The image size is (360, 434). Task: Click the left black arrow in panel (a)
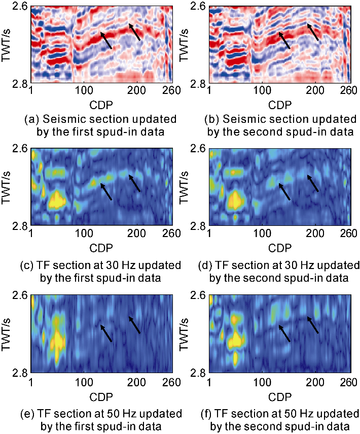(106, 40)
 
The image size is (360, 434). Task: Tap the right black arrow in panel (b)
(314, 31)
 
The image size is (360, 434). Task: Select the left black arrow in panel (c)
(106, 191)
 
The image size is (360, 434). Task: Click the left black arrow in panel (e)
(106, 333)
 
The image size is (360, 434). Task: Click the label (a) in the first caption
(31, 120)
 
